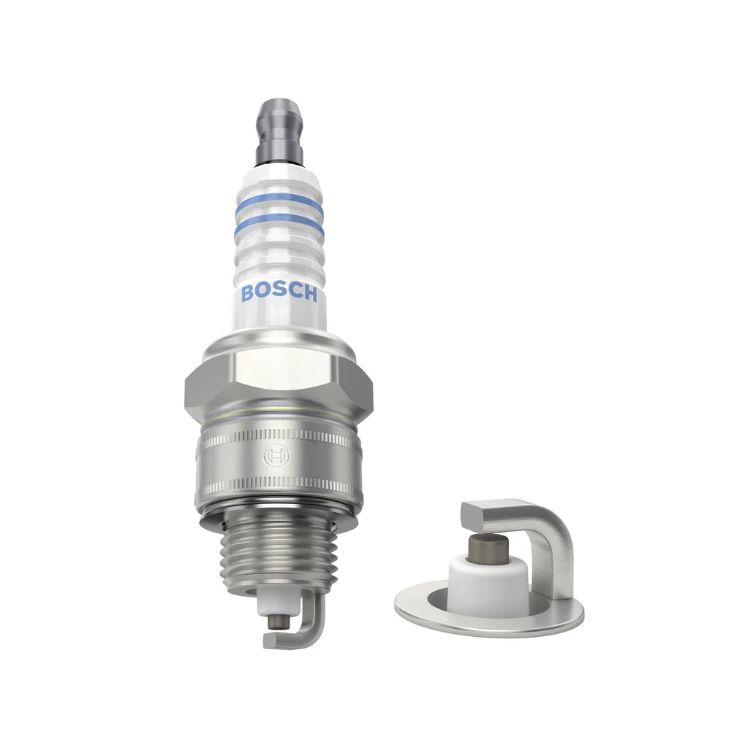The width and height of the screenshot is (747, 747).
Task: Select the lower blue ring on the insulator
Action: (279, 224)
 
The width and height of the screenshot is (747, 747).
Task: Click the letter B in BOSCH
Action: (248, 293)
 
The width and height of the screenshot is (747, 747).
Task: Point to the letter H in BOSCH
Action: (309, 294)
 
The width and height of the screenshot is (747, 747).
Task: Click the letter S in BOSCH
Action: (279, 293)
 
